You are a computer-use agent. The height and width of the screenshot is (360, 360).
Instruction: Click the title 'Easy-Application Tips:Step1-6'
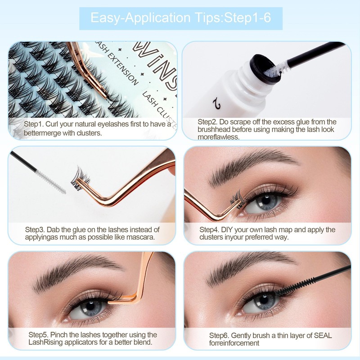181,18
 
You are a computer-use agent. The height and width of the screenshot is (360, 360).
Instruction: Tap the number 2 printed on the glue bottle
216,103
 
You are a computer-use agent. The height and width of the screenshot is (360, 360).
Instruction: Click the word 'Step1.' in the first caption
34,124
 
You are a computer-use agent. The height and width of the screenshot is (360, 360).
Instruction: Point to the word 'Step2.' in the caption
207,121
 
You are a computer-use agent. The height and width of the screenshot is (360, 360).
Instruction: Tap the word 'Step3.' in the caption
35,229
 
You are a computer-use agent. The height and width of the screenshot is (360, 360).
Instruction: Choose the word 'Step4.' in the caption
209,229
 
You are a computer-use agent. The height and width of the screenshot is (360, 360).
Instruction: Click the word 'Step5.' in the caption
39,334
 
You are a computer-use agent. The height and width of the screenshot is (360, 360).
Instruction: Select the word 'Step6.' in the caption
219,335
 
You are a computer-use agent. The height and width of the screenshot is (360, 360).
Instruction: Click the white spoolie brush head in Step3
50,181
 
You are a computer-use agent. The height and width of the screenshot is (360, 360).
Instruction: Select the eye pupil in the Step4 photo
265,200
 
